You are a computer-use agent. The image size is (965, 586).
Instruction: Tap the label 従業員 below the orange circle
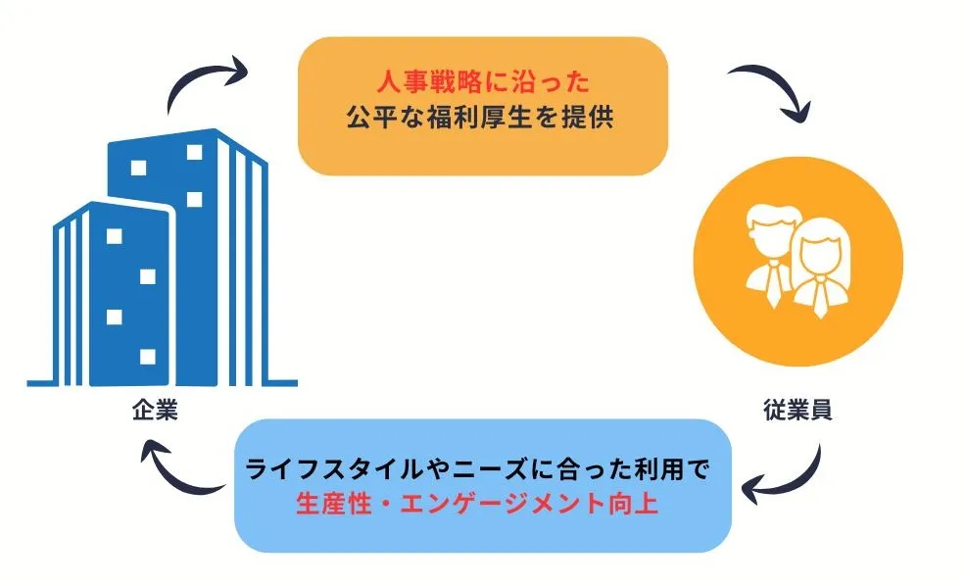pos(797,411)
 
